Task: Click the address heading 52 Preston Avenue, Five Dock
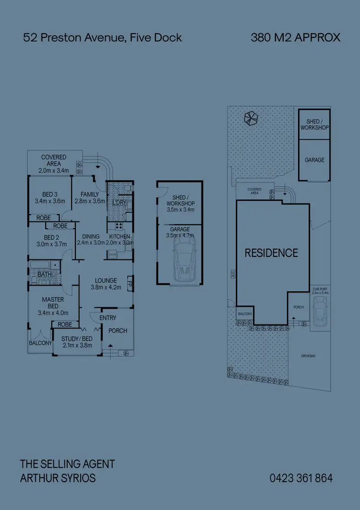103,37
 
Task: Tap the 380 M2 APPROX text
295,37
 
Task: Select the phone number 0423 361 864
301,478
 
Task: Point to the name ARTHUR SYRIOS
58,478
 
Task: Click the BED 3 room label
49,194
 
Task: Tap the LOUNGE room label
106,280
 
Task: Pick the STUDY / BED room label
77,339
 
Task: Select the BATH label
45,274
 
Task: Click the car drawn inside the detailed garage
183,262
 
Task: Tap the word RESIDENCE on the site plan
271,253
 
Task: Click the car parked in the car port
320,311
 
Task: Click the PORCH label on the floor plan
118,330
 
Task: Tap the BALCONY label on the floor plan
40,343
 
